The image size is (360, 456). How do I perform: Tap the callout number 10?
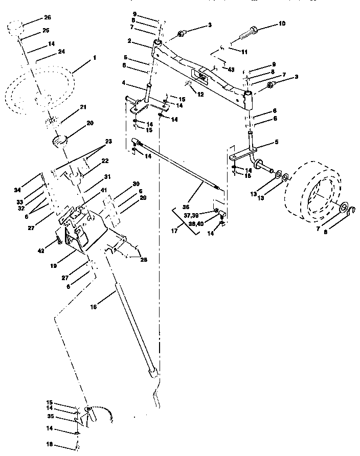point(283,24)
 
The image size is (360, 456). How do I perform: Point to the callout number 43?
point(231,70)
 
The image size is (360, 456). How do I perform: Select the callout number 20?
point(90,123)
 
